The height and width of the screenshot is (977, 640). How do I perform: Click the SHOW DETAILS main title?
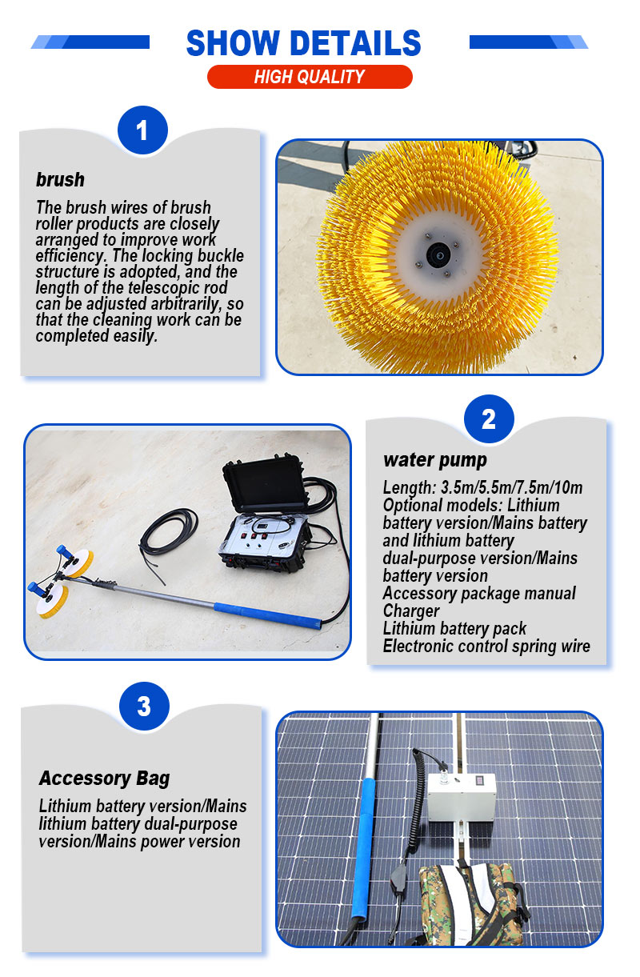coord(303,42)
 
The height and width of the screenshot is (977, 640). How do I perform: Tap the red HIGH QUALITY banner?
coord(310,77)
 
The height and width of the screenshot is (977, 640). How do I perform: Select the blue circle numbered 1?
coord(142,130)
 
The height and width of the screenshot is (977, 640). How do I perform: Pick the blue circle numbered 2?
coord(489,419)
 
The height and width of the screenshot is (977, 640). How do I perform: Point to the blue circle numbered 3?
coord(144,706)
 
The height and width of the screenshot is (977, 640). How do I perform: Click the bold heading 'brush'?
coord(60,180)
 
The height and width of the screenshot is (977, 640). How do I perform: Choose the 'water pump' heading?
coord(435,460)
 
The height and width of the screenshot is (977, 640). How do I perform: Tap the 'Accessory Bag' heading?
coord(104,779)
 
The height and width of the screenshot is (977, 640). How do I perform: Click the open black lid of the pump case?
coord(265,483)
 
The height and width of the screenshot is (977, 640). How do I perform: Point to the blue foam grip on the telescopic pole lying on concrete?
coord(268,615)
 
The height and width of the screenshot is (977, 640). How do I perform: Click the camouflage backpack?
coord(470,903)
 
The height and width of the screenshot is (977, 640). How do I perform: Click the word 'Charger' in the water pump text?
coord(411,611)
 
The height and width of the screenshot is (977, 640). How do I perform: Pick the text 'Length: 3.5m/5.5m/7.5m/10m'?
coord(482,487)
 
